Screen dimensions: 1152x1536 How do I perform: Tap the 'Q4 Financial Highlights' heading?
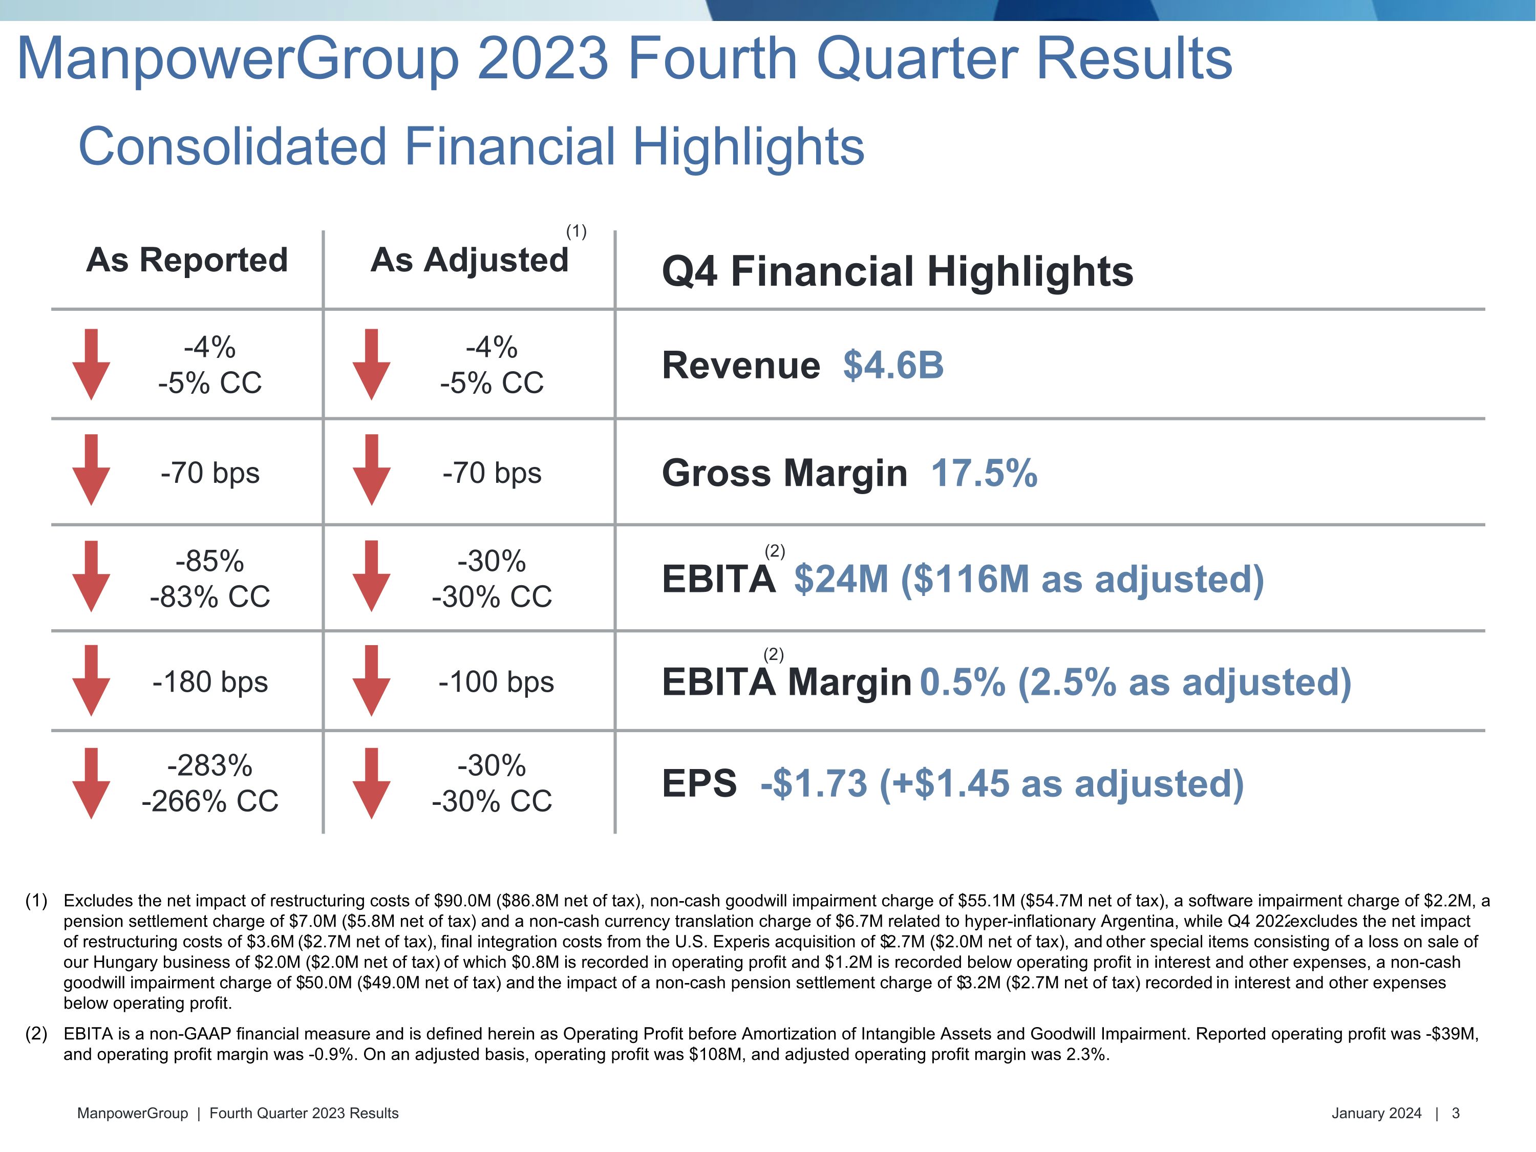(897, 271)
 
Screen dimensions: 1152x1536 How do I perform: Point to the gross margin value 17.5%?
(984, 473)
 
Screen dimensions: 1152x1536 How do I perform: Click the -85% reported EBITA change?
(210, 561)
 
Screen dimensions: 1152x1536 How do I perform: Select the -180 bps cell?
(210, 682)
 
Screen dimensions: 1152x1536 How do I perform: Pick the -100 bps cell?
(496, 682)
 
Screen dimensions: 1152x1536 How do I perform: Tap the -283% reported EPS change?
(210, 766)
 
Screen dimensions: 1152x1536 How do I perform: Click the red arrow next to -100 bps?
(372, 680)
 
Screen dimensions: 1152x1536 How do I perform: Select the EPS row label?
(698, 783)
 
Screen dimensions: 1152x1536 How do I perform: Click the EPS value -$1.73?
(814, 783)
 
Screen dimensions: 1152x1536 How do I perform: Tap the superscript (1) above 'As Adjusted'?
(577, 231)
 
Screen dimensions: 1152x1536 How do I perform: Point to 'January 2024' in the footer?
(1376, 1113)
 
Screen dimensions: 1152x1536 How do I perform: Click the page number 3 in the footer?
(1456, 1113)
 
